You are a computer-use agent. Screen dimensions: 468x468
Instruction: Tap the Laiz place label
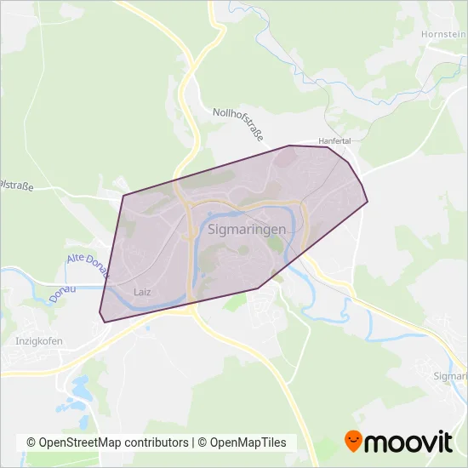point(142,292)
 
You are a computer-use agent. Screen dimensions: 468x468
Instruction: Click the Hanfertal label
point(334,140)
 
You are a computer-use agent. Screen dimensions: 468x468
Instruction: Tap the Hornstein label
point(443,34)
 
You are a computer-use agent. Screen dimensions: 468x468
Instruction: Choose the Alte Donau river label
point(88,265)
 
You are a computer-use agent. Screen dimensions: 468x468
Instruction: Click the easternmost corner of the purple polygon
point(368,202)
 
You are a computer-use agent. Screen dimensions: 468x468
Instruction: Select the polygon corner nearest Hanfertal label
point(328,147)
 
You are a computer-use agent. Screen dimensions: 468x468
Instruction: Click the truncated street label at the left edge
point(16,185)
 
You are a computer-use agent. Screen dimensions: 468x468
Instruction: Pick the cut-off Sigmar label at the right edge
point(451,375)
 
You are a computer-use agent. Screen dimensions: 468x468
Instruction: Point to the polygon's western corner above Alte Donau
point(123,196)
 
